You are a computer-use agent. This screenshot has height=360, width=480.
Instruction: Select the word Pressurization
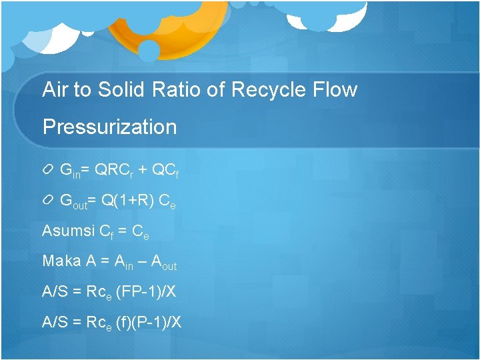[109, 127]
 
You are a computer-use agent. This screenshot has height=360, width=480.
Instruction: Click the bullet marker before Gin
[49, 171]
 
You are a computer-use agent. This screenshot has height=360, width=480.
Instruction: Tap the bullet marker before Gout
[49, 201]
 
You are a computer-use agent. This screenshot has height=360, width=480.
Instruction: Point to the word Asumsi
[67, 231]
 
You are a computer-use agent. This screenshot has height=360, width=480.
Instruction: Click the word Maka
[61, 261]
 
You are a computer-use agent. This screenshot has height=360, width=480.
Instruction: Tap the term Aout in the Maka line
[164, 263]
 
